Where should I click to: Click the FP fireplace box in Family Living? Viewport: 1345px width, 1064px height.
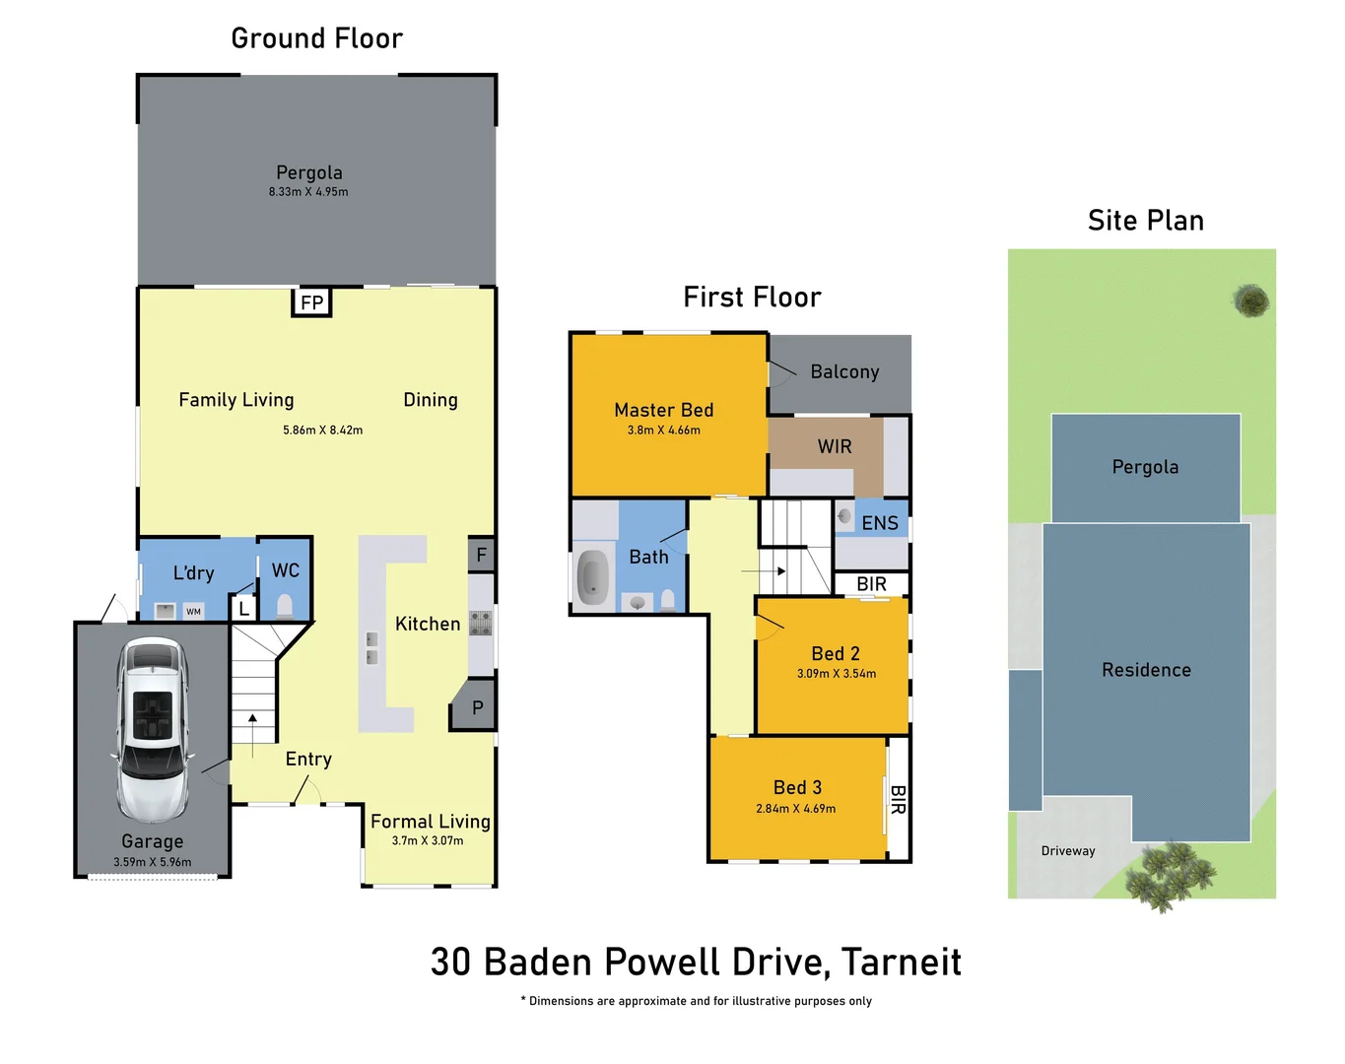pyautogui.click(x=311, y=302)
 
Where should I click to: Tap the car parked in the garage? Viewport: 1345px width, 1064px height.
pyautogui.click(x=151, y=729)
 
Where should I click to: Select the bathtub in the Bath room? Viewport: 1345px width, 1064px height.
pyautogui.click(x=592, y=576)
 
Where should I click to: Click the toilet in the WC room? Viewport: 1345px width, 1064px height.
pyautogui.click(x=286, y=604)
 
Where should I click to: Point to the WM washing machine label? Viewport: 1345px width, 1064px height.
pyautogui.click(x=193, y=612)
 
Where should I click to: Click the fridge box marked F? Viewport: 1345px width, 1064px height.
pyautogui.click(x=481, y=555)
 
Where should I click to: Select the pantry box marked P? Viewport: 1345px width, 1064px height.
pyautogui.click(x=476, y=706)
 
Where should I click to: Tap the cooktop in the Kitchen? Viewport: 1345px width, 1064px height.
pyautogui.click(x=481, y=623)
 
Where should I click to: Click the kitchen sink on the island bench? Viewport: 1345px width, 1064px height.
pyautogui.click(x=371, y=647)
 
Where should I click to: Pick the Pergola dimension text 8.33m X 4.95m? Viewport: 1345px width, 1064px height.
pyautogui.click(x=308, y=192)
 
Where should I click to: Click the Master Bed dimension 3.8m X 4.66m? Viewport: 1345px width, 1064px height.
pyautogui.click(x=663, y=431)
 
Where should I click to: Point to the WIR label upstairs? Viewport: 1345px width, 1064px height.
pyautogui.click(x=834, y=446)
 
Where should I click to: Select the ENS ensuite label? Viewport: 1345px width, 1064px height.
pyautogui.click(x=879, y=523)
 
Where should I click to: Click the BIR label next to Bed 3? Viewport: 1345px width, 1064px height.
pyautogui.click(x=898, y=799)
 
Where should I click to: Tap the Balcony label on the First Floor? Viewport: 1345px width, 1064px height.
pyautogui.click(x=844, y=371)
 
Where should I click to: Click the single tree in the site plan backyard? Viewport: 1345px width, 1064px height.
pyautogui.click(x=1251, y=300)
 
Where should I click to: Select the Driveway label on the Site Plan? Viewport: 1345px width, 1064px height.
pyautogui.click(x=1068, y=851)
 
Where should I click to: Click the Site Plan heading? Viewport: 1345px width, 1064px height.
pyautogui.click(x=1145, y=221)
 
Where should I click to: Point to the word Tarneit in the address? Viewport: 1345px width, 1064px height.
pyautogui.click(x=902, y=962)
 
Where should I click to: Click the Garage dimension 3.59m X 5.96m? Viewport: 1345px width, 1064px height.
pyautogui.click(x=153, y=862)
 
